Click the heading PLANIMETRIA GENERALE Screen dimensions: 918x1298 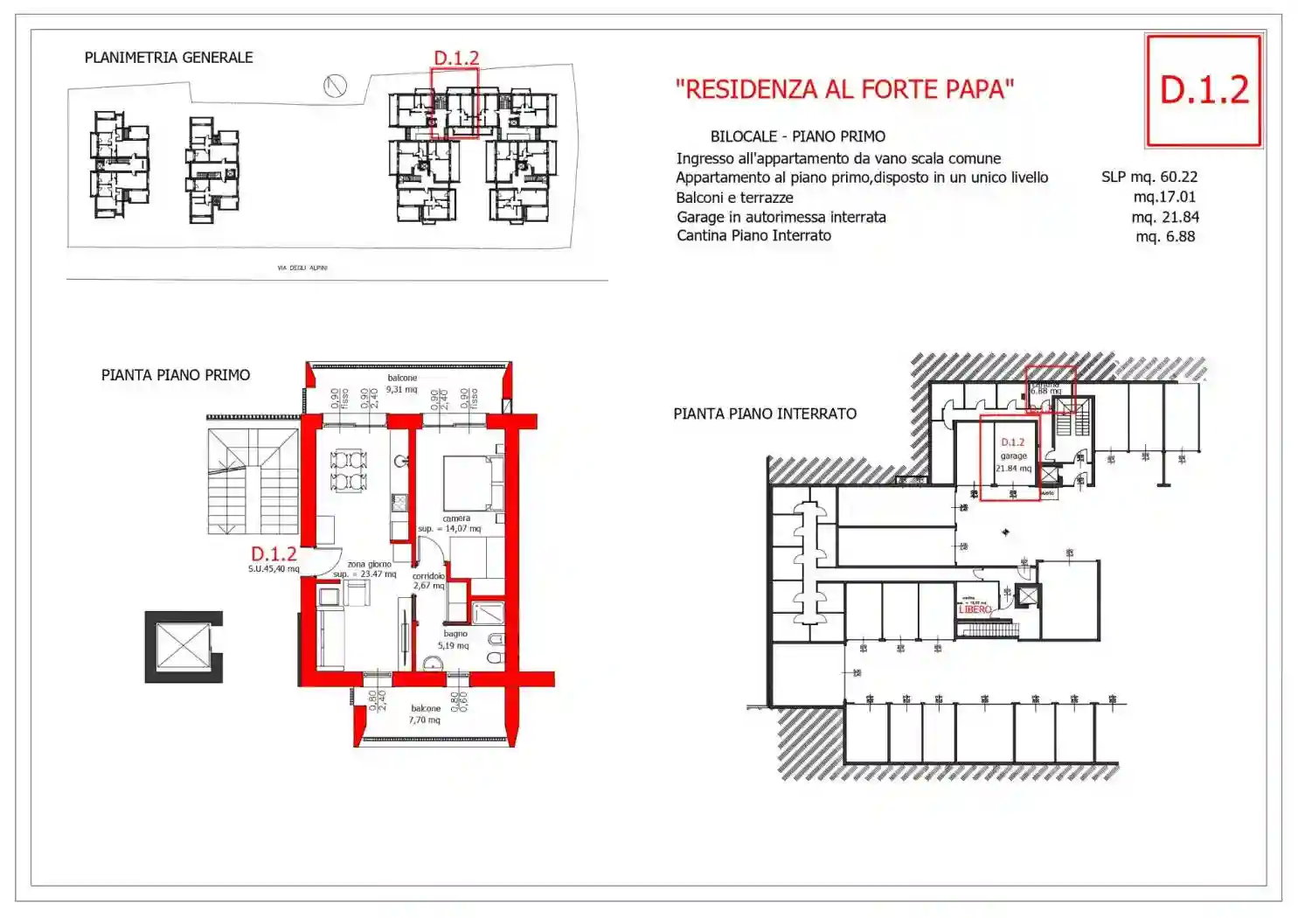tap(169, 58)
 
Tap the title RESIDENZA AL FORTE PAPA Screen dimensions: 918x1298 tap(844, 89)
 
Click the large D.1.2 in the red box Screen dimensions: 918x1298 tap(1204, 90)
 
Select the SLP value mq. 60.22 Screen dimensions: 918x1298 tap(1149, 177)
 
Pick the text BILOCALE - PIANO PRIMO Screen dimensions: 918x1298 tap(797, 136)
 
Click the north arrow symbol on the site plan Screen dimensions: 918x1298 tap(335, 86)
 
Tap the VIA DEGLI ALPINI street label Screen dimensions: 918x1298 tap(302, 268)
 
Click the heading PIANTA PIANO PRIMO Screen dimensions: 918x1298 tap(176, 375)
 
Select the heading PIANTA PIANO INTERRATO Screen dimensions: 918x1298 tap(765, 414)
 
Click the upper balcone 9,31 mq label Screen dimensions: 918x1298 tap(402, 384)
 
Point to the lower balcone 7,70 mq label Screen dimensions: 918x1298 tap(425, 714)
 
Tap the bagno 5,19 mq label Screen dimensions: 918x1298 tap(455, 639)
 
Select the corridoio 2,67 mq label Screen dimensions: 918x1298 tap(428, 581)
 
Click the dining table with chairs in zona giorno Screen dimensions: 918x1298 tap(348, 469)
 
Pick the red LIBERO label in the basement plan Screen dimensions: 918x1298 tap(975, 609)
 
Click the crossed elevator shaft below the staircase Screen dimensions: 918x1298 tap(183, 647)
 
